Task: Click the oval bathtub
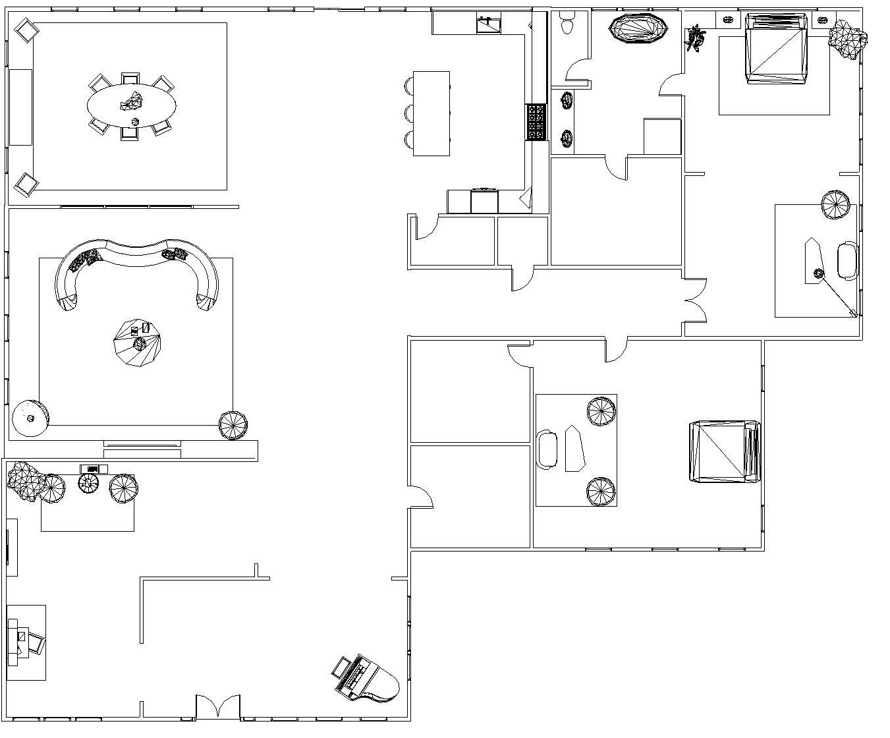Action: click(638, 29)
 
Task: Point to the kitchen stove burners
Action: click(536, 122)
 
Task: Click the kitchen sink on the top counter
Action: click(488, 25)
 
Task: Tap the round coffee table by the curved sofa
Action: click(137, 342)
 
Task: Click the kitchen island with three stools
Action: click(431, 113)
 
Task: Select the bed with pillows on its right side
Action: click(723, 451)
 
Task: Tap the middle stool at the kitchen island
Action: click(409, 113)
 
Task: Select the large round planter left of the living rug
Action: click(30, 418)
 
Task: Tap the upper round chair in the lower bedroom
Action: click(601, 411)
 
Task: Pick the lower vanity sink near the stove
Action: click(567, 138)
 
